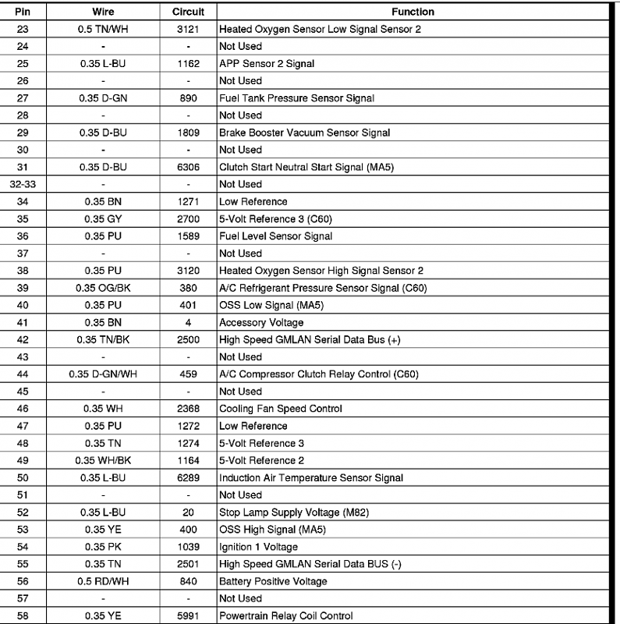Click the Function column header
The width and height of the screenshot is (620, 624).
click(x=413, y=12)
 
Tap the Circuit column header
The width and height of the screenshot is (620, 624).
click(x=188, y=12)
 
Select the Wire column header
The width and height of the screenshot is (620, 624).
click(x=103, y=12)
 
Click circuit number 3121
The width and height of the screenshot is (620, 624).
click(x=188, y=29)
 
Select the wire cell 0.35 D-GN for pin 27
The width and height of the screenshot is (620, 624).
click(x=103, y=98)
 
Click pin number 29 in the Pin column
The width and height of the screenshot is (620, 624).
click(x=22, y=133)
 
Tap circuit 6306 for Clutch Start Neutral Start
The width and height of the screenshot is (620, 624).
click(x=188, y=167)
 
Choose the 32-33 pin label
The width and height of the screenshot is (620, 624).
click(x=22, y=184)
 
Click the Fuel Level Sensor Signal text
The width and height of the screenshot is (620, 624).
click(x=275, y=236)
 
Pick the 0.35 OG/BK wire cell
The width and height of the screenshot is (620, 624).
click(x=103, y=288)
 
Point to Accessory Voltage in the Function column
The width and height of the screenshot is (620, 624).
click(x=261, y=322)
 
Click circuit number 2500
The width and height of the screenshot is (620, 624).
click(x=188, y=339)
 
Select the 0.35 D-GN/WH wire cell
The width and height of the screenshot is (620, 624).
click(x=103, y=374)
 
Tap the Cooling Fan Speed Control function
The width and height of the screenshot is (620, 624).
click(x=281, y=409)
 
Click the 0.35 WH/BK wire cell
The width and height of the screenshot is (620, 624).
click(x=103, y=460)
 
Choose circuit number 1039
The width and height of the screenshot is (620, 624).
click(x=188, y=547)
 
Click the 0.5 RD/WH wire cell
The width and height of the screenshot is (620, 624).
click(x=103, y=581)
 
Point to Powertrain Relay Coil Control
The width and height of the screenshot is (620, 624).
click(x=285, y=615)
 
